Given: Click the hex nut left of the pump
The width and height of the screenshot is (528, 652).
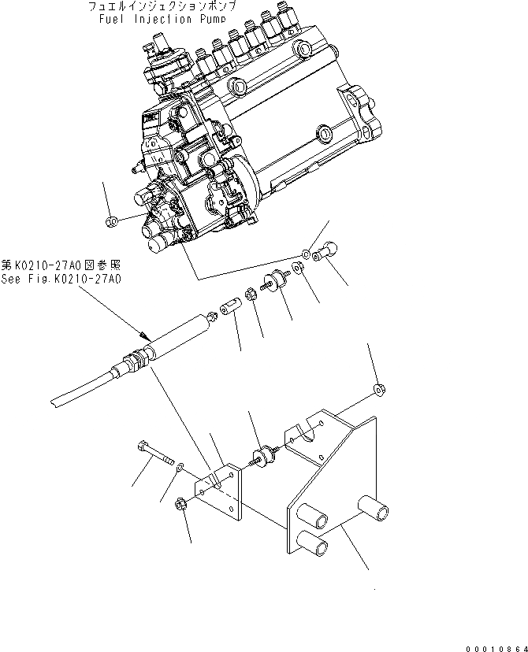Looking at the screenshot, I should click(112, 220).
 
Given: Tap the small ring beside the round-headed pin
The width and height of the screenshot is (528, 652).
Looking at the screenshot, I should click(305, 254).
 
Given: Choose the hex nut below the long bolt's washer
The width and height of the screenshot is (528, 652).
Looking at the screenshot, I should click(180, 502).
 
